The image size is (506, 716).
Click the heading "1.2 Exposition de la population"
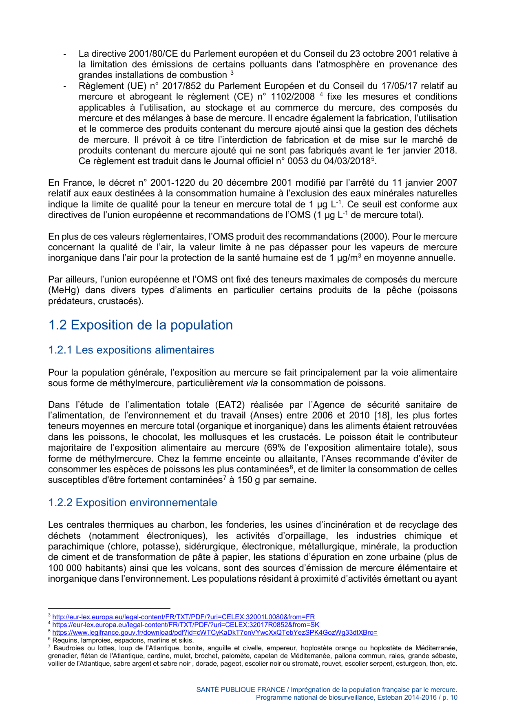[x=140, y=325]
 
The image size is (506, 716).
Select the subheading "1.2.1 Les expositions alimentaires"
[x=131, y=350]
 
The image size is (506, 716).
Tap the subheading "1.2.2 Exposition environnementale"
[x=133, y=502]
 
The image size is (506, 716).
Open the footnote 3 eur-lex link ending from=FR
[x=183, y=617]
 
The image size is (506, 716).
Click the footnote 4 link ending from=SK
[x=186, y=625]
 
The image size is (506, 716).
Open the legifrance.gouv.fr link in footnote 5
[x=214, y=633]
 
